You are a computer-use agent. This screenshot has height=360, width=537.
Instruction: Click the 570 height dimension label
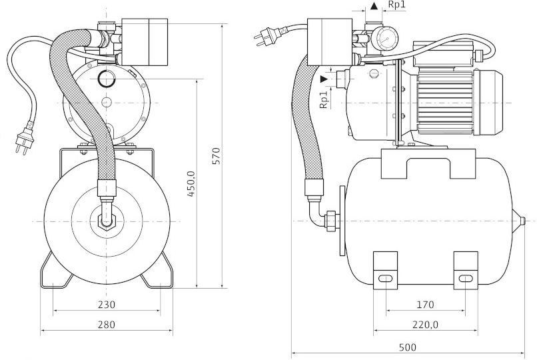coord(216,156)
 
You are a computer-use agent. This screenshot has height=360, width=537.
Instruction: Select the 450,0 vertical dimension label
coord(191,184)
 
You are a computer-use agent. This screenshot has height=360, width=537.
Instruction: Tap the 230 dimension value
coord(107,304)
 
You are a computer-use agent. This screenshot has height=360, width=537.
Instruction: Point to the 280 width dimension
coord(107,325)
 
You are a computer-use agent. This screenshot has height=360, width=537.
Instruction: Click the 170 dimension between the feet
coord(425,304)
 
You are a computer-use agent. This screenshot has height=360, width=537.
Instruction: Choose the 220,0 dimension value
coord(425,325)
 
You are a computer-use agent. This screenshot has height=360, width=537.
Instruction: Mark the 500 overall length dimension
coord(408,347)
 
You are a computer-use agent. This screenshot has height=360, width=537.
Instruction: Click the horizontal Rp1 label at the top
coord(397,5)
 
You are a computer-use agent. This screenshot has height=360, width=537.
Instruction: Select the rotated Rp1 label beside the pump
coord(324,99)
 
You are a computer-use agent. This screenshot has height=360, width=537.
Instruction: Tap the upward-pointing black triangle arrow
coord(374,6)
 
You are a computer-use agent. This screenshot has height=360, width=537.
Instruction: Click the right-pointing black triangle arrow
coord(324,79)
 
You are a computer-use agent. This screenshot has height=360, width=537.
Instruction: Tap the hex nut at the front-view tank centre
coord(107,221)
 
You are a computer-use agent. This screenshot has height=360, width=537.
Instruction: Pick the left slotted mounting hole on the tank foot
coord(386,279)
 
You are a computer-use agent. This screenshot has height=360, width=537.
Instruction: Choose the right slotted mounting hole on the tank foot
coord(466,279)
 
